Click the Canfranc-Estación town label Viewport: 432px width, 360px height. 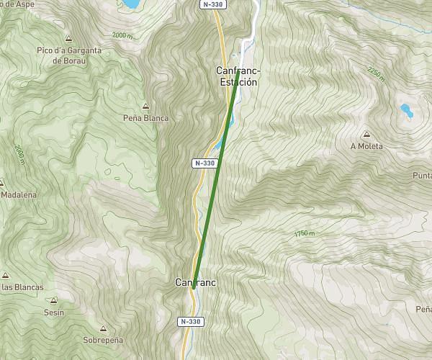[x=237, y=76]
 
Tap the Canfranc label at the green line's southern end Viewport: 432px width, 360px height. [x=195, y=283]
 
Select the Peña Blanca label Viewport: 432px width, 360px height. [x=145, y=118]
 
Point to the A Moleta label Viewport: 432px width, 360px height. [x=366, y=145]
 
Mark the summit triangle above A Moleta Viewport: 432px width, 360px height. [x=366, y=134]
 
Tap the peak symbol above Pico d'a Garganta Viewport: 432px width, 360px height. [x=68, y=39]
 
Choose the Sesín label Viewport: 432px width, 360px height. [x=54, y=312]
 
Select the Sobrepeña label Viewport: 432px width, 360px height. [x=103, y=340]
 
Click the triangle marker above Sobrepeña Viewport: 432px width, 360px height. [x=103, y=328]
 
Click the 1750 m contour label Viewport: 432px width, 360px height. [x=305, y=234]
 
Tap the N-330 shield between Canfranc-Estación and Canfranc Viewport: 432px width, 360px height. [x=204, y=163]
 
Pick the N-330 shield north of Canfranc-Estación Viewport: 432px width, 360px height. [x=212, y=4]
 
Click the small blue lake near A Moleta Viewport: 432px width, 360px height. [x=406, y=110]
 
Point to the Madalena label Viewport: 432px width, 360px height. [x=19, y=194]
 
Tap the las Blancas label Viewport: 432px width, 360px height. [x=22, y=287]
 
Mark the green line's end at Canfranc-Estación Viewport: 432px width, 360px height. [x=238, y=71]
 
